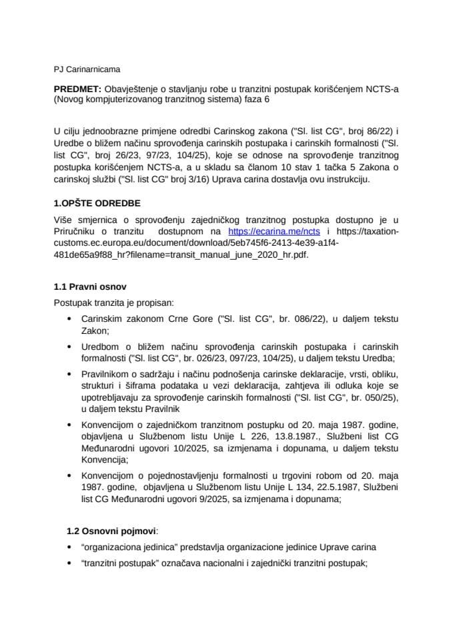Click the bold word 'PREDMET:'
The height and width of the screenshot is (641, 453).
[x=77, y=89]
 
